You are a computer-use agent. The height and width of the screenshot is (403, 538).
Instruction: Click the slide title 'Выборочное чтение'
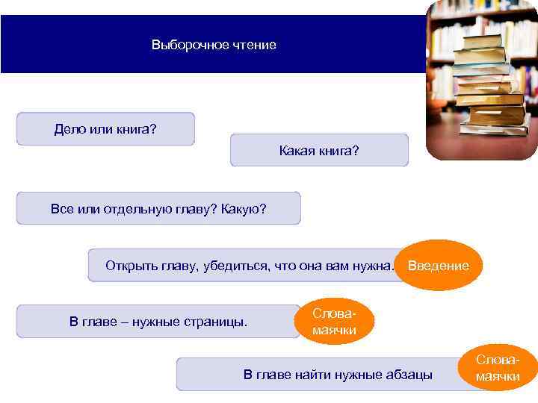pyautogui.click(x=214, y=45)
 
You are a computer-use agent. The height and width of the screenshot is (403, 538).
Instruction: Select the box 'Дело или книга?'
pyautogui.click(x=105, y=129)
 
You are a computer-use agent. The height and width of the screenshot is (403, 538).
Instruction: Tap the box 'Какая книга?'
pyautogui.click(x=319, y=151)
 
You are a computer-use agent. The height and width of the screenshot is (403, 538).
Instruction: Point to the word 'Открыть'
pyautogui.click(x=129, y=265)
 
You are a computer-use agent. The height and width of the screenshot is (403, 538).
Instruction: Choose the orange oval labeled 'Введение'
pyautogui.click(x=439, y=266)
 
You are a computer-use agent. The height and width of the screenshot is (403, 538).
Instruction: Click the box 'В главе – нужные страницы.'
pyautogui.click(x=158, y=322)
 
